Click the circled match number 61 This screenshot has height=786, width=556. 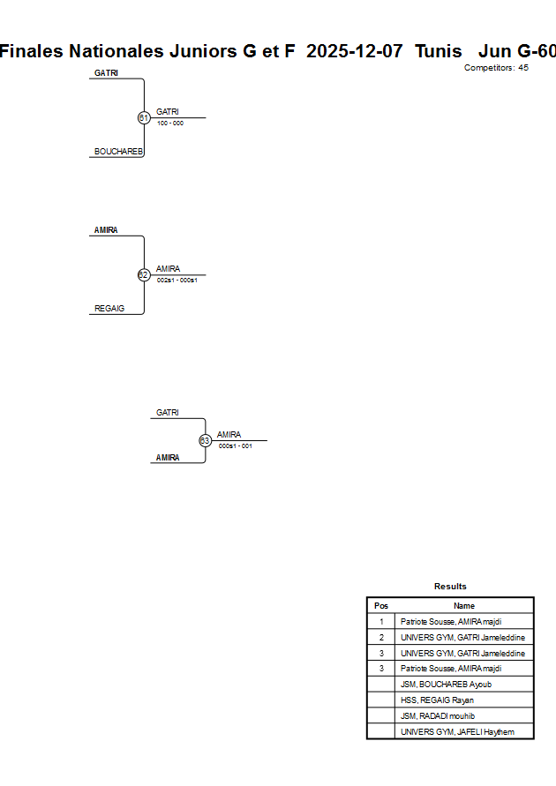click(144, 117)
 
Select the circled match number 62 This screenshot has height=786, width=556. click(144, 274)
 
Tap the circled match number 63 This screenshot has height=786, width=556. click(205, 440)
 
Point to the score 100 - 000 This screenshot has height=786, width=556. click(170, 124)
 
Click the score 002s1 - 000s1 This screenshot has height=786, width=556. click(177, 281)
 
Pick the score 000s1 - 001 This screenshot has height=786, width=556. click(236, 446)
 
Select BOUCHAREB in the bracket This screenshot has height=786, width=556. click(118, 152)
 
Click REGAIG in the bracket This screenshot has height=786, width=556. click(109, 309)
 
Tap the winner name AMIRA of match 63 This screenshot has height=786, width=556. click(229, 434)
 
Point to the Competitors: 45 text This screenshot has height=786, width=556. click(496, 68)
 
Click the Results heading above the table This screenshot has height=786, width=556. click(450, 587)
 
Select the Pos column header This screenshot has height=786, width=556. click(381, 606)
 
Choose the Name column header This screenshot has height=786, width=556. click(464, 606)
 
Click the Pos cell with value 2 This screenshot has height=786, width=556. click(381, 638)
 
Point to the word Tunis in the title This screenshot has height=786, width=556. click(439, 51)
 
